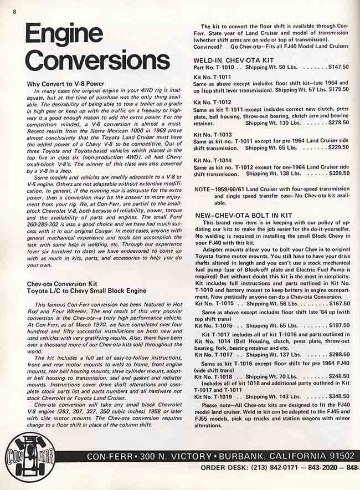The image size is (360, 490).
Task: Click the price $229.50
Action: [338, 148]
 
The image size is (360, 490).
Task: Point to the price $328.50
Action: [338, 173]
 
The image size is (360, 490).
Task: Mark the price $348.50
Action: [338, 396]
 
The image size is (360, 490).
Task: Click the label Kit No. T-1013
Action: [213, 135]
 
